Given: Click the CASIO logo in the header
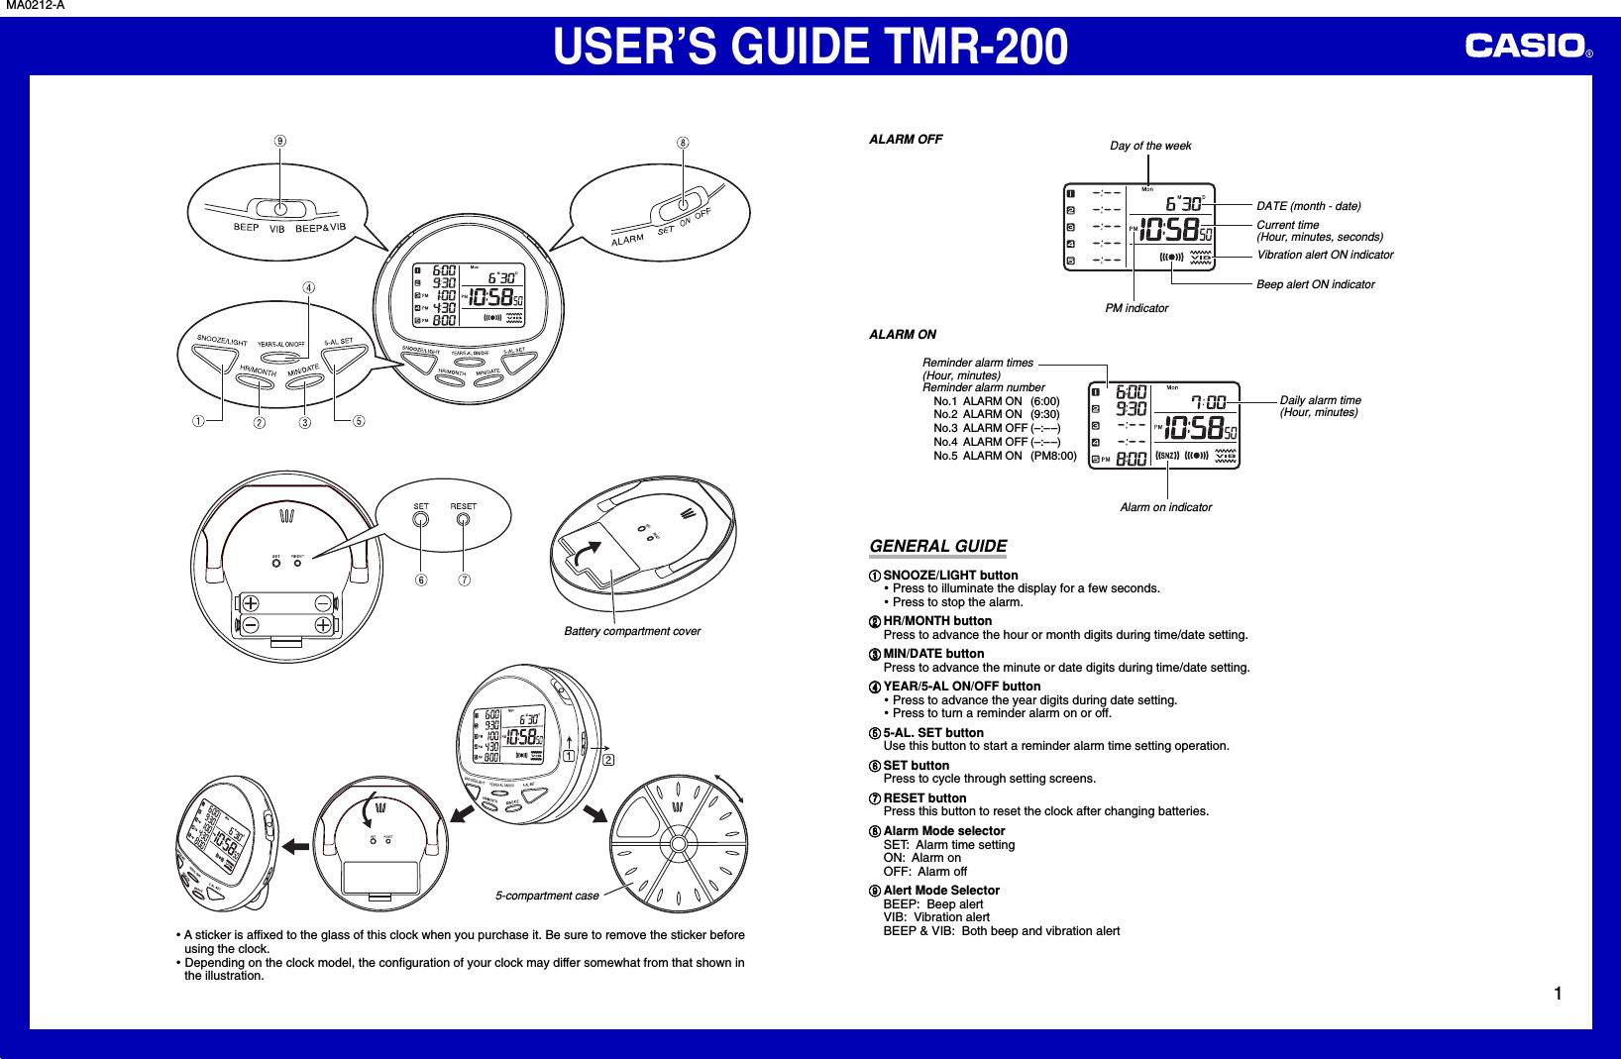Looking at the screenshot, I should (1526, 46).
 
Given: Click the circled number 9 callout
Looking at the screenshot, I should (280, 141).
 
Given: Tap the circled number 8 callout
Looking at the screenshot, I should (683, 143).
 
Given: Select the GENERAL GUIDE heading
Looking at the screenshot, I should (937, 546).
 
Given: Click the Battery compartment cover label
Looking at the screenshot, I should (632, 631).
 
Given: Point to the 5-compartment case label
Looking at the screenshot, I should (547, 896).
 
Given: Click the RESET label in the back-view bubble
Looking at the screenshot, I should (463, 506).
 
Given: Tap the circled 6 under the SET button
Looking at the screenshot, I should (421, 581).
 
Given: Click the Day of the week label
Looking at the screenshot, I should (1150, 146).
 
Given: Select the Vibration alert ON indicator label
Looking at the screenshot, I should (1325, 255).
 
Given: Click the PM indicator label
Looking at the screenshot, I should (1136, 308).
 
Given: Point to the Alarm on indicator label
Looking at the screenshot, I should (1165, 507).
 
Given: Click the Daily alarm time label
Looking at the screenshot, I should (1320, 400).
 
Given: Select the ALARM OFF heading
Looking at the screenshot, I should (906, 140).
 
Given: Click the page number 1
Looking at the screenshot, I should (1558, 994).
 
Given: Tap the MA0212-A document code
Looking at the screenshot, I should (35, 6).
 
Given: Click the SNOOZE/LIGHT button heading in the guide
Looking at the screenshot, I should (950, 576).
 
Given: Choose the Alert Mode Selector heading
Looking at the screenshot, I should (941, 891).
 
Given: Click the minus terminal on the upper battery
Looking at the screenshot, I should (323, 604).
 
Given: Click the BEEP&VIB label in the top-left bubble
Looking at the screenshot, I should (320, 228).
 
